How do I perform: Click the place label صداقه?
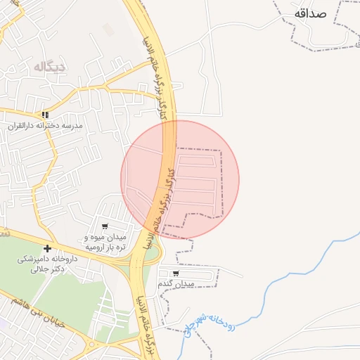coord(311,13)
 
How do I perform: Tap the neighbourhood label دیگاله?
coord(49,67)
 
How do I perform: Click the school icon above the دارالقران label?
coord(45,115)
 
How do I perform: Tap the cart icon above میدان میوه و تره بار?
coord(105,226)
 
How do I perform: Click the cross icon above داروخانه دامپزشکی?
coord(47,248)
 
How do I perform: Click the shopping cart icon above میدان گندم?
coord(175,274)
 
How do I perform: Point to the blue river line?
coord(281,275)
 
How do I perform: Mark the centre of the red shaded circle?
coord(180,179)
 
